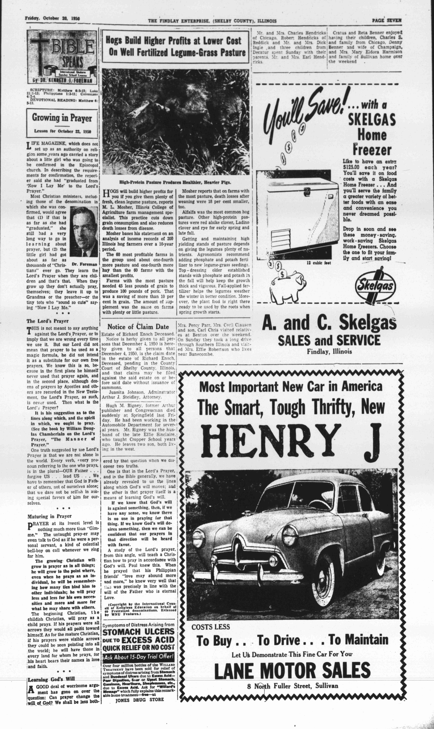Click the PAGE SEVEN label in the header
[387, 20]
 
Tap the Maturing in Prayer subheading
[49, 516]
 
